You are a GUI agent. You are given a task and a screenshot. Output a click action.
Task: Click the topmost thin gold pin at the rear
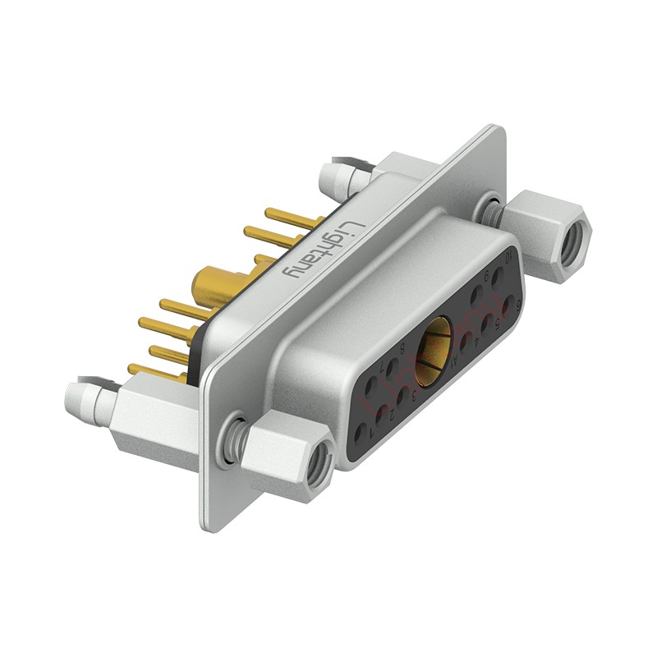283,222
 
